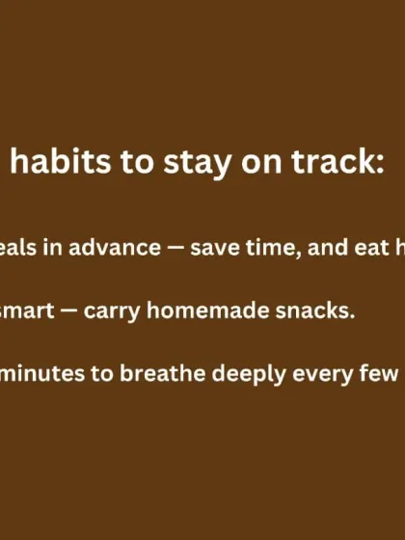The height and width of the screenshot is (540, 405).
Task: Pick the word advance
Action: [x=117, y=248]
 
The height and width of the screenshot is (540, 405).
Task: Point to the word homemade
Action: [x=200, y=311]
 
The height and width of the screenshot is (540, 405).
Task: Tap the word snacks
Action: [x=293, y=311]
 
